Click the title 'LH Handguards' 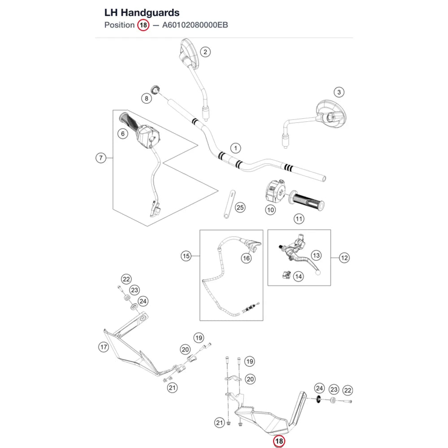[x=142, y=13]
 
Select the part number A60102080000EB [x=195, y=25]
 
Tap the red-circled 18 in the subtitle [x=143, y=25]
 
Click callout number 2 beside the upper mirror [x=205, y=52]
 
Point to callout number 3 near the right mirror [x=339, y=92]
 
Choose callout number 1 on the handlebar [x=236, y=148]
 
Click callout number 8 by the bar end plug [x=146, y=99]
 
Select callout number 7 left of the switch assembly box [x=100, y=158]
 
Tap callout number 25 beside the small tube [x=240, y=207]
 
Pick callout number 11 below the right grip [x=299, y=219]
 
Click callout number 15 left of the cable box [x=186, y=256]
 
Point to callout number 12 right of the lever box [x=344, y=258]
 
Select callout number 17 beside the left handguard [x=103, y=347]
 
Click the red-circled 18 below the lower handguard [x=279, y=441]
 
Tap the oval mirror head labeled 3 [x=331, y=114]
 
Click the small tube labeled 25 [x=229, y=204]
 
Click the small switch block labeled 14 [x=287, y=275]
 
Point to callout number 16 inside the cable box [x=246, y=258]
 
